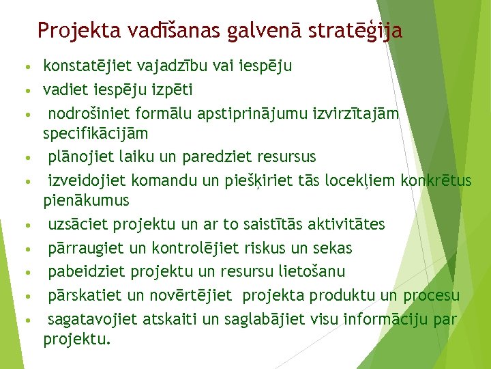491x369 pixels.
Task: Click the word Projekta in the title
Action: coord(71,31)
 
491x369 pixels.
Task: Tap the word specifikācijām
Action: coord(95,132)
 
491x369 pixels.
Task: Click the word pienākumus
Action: coord(86,201)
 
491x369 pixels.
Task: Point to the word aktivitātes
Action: coord(346,225)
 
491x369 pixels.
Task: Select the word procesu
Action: coord(431,295)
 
